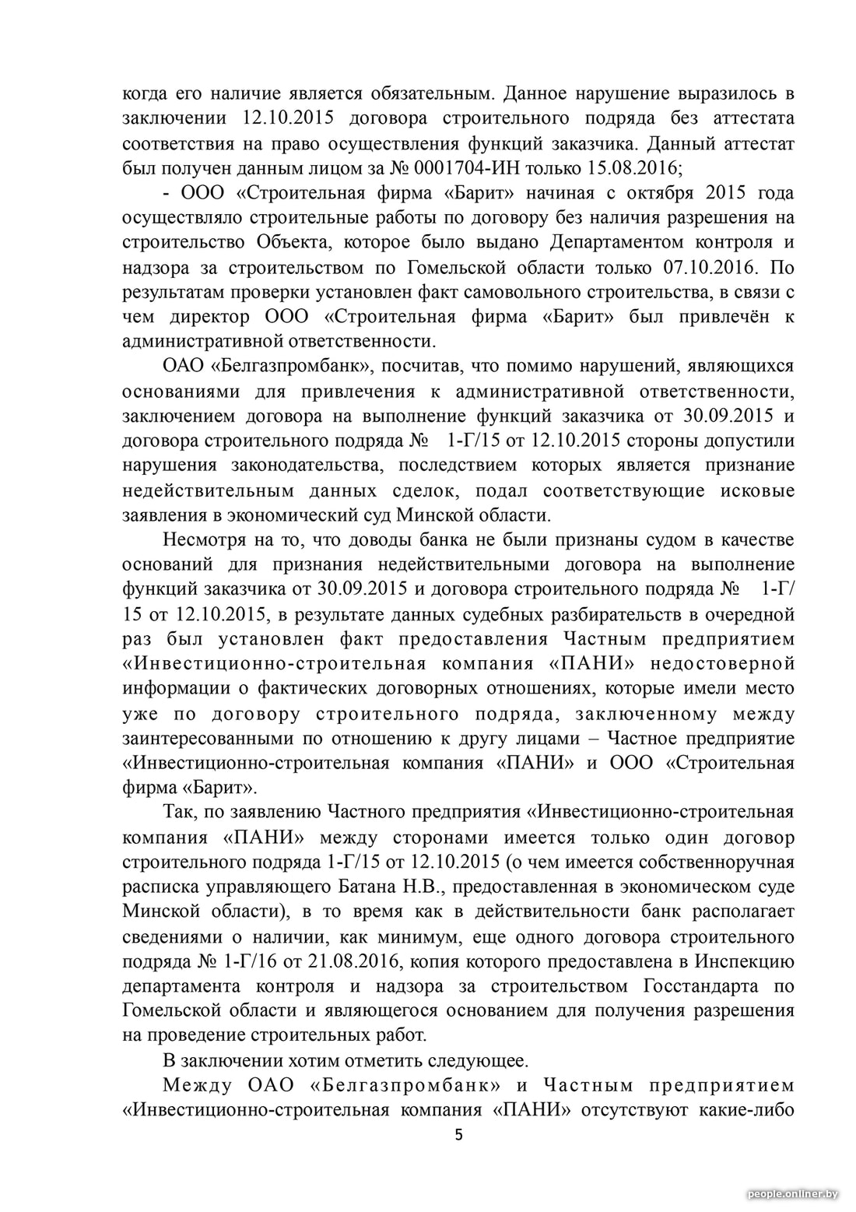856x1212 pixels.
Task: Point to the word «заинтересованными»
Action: point(208,738)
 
